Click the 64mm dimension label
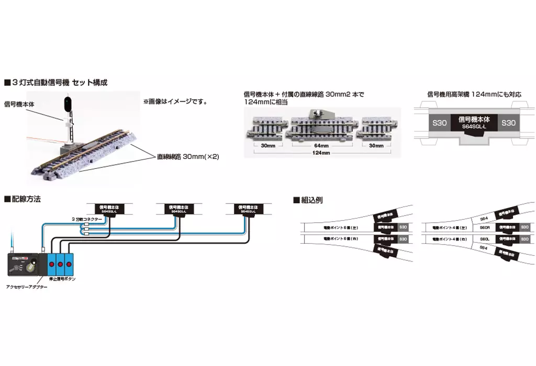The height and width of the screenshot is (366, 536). pyautogui.click(x=322, y=146)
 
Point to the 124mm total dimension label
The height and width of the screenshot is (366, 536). pyautogui.click(x=322, y=153)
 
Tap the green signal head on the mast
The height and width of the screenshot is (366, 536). pyautogui.click(x=68, y=102)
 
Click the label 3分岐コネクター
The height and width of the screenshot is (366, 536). pyautogui.click(x=86, y=218)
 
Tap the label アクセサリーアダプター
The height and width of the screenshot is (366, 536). pyautogui.click(x=27, y=287)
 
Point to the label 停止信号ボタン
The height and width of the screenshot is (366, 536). pyautogui.click(x=65, y=279)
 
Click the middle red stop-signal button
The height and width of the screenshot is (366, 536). pyautogui.click(x=60, y=265)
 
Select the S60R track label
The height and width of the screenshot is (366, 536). pyautogui.click(x=484, y=228)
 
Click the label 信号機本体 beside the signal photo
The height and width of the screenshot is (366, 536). pyautogui.click(x=19, y=104)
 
